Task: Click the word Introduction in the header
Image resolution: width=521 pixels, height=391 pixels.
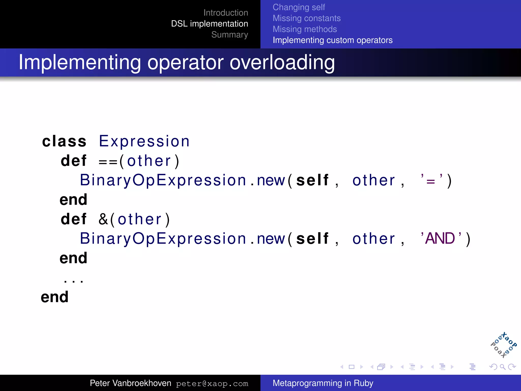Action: (226, 13)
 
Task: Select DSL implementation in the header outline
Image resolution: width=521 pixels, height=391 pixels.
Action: (209, 24)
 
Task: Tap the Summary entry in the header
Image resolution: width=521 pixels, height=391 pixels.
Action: (229, 35)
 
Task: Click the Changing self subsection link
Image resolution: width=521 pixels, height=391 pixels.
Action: (299, 7)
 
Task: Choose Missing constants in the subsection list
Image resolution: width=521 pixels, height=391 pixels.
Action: (307, 18)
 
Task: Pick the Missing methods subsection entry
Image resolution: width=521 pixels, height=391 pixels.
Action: (305, 29)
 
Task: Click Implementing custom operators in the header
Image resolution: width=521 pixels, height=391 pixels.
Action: (332, 40)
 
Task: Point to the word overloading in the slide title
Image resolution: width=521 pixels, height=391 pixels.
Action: (282, 63)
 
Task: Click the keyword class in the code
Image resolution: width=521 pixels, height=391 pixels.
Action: (64, 141)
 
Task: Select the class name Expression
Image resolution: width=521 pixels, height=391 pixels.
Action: (144, 141)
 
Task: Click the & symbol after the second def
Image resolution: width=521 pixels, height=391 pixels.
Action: (103, 219)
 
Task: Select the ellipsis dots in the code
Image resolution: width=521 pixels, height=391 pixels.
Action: (74, 281)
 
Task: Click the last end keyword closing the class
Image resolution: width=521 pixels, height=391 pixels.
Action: (55, 297)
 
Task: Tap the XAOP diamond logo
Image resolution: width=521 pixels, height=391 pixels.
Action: (503, 345)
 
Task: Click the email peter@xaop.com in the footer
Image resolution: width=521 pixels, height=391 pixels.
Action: (212, 384)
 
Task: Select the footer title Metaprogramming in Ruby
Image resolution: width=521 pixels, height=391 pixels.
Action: (323, 383)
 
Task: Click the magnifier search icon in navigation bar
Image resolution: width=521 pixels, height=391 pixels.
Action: (502, 367)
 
